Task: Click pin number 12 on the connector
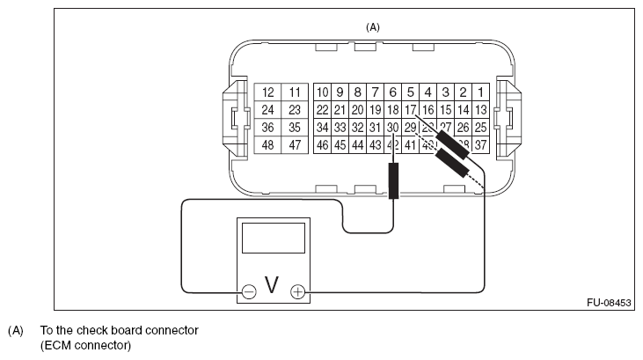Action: coord(268,92)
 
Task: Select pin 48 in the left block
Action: coord(268,145)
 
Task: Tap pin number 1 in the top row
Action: coord(480,92)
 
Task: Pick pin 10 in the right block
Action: coord(323,92)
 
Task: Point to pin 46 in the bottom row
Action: coord(323,145)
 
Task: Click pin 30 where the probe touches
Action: coord(393,128)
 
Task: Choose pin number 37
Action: coord(480,145)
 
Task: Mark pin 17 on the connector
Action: coord(410,110)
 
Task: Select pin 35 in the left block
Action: coord(295,128)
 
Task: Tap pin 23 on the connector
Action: coord(295,110)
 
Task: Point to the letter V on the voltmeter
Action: coord(273,285)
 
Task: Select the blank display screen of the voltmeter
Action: coord(273,238)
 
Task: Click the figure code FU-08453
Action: coord(609,303)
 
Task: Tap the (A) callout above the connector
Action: coord(373,27)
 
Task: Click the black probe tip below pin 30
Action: coord(393,180)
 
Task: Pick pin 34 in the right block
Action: coord(323,128)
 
